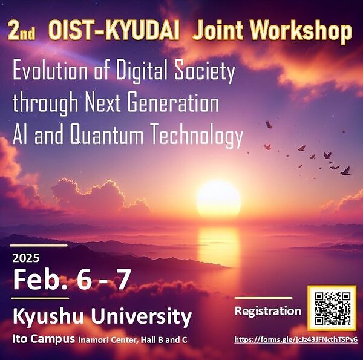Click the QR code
tap(331, 309)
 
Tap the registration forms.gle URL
tap(296, 339)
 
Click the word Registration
tap(267, 312)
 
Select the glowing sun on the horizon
tap(218, 198)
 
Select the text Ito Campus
tap(43, 339)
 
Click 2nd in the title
tap(21, 31)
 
